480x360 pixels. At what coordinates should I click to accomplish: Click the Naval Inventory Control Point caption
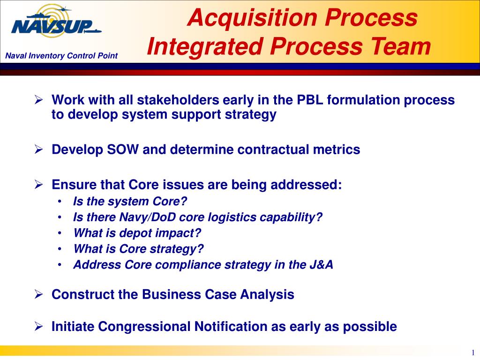[x=61, y=56]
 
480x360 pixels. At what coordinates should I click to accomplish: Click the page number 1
[x=473, y=352]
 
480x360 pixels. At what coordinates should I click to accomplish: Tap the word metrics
[x=337, y=150]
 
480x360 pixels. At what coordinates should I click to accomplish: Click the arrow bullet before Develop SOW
[x=39, y=150]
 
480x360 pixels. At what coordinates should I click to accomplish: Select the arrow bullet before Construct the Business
[x=39, y=295]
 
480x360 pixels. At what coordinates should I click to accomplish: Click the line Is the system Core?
[x=130, y=202]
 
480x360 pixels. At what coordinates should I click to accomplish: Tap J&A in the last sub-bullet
[x=321, y=265]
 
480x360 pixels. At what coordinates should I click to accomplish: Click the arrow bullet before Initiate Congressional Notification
[x=39, y=327]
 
